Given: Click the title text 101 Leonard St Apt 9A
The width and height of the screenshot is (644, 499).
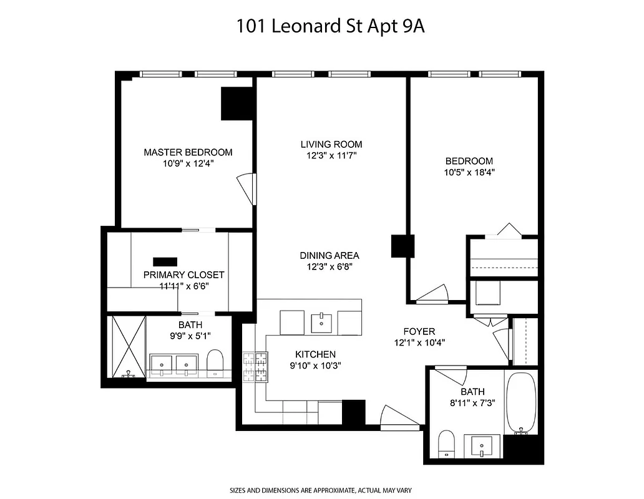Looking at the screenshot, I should [x=321, y=27].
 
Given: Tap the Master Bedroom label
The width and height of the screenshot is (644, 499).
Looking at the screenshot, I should [x=188, y=152].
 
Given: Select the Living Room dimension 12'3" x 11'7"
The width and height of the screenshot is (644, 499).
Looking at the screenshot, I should [x=331, y=156].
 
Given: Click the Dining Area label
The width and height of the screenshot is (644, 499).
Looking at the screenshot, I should [x=329, y=255].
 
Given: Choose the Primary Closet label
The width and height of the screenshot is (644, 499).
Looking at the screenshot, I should [x=183, y=274].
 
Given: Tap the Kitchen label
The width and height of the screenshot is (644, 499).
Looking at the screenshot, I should [x=316, y=354].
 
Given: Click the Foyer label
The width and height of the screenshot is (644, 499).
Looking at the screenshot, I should [x=419, y=331].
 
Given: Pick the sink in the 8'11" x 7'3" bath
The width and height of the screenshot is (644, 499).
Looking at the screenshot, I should [x=482, y=447].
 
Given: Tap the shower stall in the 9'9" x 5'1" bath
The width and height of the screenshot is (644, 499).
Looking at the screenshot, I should [x=128, y=347].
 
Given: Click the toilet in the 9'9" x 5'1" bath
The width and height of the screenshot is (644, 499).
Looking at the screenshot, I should [x=215, y=363].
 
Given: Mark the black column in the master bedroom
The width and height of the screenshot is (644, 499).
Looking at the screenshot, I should [x=237, y=103].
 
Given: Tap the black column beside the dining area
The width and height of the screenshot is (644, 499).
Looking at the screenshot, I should [x=402, y=246].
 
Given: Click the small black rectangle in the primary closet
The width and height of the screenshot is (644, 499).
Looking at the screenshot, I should [x=165, y=261].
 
